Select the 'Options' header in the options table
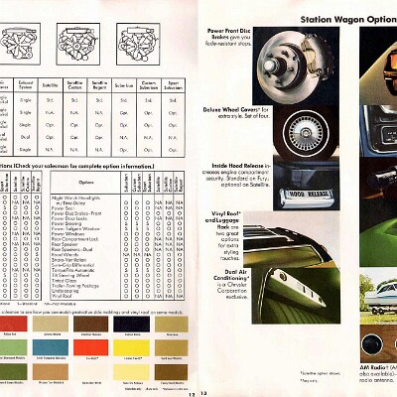pyautogui.click(x=85, y=180)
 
